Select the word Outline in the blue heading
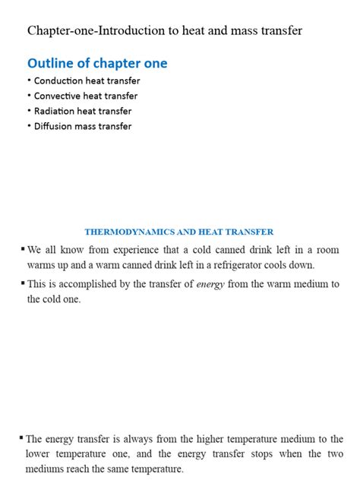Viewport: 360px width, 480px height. coord(51,64)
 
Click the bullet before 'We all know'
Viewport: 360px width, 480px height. coord(23,248)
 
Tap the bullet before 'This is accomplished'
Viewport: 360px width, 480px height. coord(23,283)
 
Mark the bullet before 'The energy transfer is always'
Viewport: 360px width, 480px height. coord(21,437)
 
